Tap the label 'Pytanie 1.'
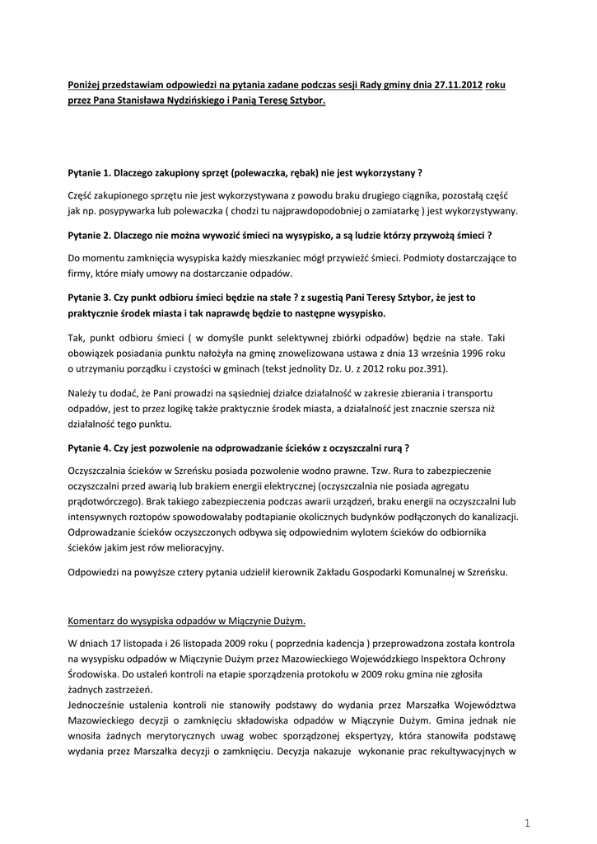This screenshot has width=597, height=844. click(x=89, y=173)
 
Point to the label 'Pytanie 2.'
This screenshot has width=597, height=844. click(x=89, y=236)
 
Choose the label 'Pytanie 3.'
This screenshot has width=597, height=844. click(x=89, y=298)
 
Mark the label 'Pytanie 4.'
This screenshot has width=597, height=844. click(x=89, y=448)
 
